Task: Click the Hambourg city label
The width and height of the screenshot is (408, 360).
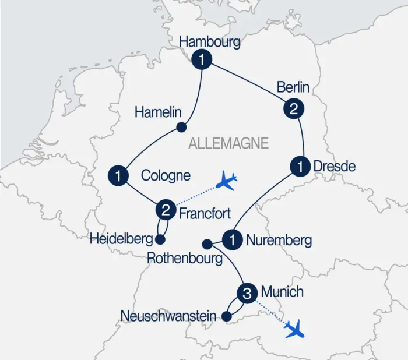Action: tap(210, 43)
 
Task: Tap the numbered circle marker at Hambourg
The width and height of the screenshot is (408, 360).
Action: tap(202, 59)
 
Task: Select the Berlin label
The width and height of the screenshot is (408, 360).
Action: tap(293, 88)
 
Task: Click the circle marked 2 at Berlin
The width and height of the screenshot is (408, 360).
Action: tap(293, 108)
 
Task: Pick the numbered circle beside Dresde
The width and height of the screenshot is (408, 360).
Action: tap(300, 167)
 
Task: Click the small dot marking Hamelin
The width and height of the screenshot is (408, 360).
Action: tap(181, 128)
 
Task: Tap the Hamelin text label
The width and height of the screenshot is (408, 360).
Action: tap(159, 112)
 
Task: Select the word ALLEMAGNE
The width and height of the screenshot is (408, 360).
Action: tap(228, 143)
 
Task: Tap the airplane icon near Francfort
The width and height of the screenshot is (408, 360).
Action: tap(226, 182)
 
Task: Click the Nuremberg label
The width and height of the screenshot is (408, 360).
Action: tap(279, 239)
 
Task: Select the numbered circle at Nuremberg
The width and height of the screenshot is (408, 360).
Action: tap(234, 239)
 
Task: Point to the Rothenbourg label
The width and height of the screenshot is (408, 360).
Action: tap(185, 258)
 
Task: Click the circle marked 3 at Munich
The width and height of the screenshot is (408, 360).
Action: tap(247, 294)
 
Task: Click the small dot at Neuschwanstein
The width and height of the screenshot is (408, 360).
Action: tap(228, 317)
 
